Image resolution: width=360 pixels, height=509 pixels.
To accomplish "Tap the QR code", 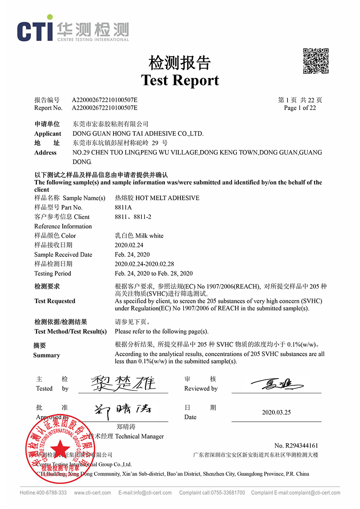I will (x=316, y=61).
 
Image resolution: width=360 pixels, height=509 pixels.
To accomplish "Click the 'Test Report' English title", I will (x=180, y=80).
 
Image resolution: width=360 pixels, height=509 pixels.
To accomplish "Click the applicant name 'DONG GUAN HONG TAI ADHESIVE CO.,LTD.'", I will (x=138, y=134).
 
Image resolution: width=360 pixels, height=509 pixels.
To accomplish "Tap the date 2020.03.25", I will (x=276, y=412).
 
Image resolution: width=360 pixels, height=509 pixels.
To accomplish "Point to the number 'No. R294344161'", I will (x=296, y=445).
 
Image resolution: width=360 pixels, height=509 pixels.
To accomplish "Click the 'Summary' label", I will (x=47, y=355).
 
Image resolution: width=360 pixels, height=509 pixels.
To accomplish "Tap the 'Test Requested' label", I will (x=55, y=301).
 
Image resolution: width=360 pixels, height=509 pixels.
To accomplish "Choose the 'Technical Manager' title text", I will (x=139, y=437).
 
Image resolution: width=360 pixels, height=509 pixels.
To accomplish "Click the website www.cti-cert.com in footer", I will (x=92, y=493).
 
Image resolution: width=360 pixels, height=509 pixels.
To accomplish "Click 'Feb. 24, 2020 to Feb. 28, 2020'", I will (x=153, y=274).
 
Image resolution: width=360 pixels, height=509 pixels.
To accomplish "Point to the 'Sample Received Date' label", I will (x=63, y=254).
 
